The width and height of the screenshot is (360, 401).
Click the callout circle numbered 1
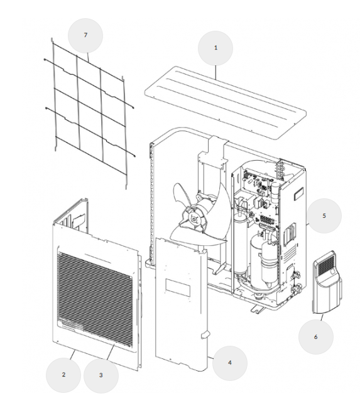[x=215, y=48]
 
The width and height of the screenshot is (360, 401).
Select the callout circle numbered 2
[x=63, y=375]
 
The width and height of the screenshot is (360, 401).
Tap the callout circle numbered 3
[x=101, y=375]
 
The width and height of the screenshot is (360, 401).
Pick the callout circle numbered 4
[x=230, y=363]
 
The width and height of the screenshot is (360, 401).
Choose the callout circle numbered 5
[x=324, y=216]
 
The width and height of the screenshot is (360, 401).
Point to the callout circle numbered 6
[x=315, y=337]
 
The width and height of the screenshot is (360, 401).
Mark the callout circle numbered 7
[x=85, y=35]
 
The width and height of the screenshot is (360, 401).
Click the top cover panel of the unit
[x=226, y=102]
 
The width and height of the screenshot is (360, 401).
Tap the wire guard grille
[x=90, y=112]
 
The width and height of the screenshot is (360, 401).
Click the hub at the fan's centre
[x=194, y=218]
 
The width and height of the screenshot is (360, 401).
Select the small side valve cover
[x=327, y=282]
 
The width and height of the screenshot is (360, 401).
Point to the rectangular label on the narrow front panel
[x=178, y=287]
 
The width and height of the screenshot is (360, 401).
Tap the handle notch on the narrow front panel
[x=205, y=334]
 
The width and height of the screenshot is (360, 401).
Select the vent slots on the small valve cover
[x=325, y=264]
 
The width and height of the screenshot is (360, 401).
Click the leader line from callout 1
[x=215, y=73]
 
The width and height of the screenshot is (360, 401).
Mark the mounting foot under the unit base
[x=258, y=309]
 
